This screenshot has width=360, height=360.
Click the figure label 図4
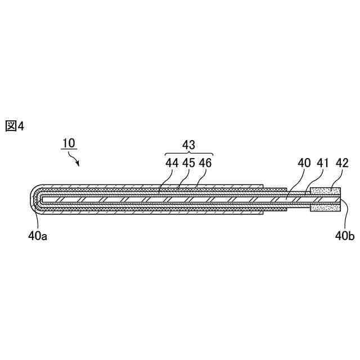pos(15,126)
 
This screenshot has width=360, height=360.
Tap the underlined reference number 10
pos(69,143)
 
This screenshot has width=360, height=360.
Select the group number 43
pos(189,145)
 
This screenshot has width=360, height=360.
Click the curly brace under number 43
pos(189,154)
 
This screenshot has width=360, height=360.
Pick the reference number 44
pos(172,163)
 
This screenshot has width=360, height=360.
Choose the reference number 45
pos(189,163)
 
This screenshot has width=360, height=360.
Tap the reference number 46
pos(205,163)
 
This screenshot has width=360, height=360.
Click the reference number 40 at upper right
pos(304,163)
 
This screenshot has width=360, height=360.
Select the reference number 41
pos(323,163)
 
